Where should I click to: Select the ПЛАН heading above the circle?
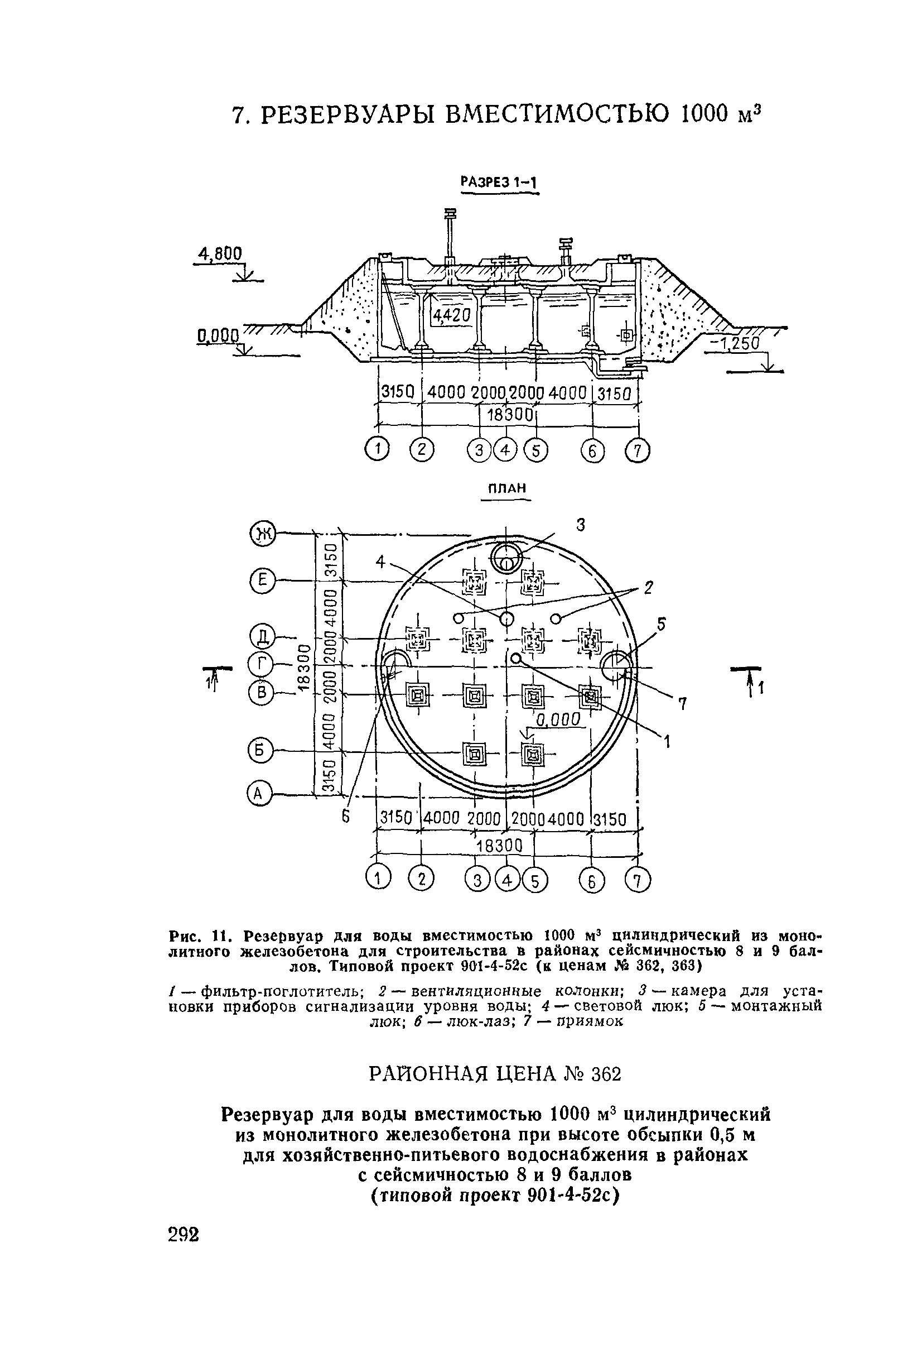point(505,488)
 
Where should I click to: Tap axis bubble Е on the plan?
point(261,580)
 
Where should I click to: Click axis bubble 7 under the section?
point(638,450)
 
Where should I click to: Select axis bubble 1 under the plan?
point(378,879)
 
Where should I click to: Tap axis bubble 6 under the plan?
point(591,882)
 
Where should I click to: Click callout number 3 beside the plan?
point(580,525)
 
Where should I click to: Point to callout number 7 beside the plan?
point(683,704)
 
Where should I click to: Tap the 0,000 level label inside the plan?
point(557,719)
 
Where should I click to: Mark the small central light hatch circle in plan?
point(506,617)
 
